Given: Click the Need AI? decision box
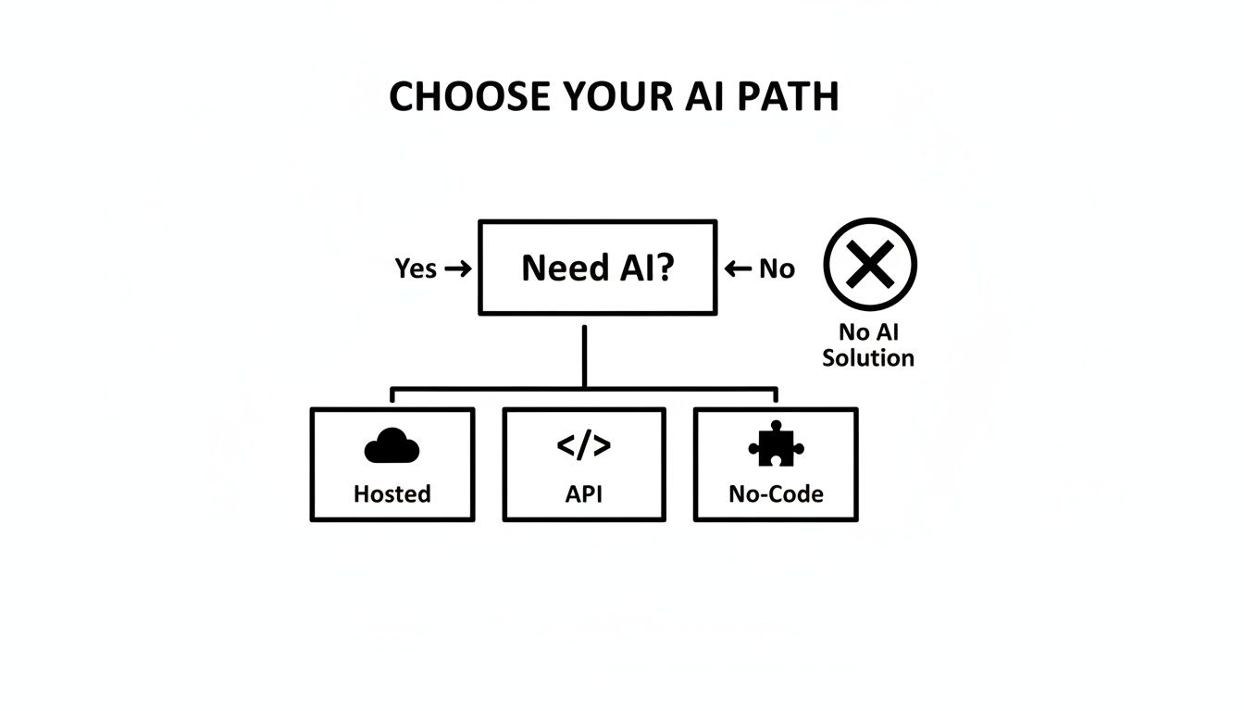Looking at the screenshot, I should (x=598, y=268).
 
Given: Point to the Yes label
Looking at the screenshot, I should (x=416, y=268).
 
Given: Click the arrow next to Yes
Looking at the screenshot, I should (x=457, y=268).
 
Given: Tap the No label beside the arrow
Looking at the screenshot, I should (x=777, y=268).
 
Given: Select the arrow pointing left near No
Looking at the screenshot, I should (x=738, y=268).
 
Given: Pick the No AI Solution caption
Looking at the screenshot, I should (x=868, y=344).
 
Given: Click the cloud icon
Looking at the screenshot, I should (x=392, y=448).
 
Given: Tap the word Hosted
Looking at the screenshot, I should (x=392, y=494).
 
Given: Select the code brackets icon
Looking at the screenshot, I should (x=584, y=446).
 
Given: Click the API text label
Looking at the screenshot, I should (x=584, y=494).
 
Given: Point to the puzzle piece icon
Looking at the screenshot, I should (x=776, y=446).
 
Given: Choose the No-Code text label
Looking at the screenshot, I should (x=776, y=494).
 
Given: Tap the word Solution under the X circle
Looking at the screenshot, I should (x=868, y=358).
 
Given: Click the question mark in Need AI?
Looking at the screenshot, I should (x=663, y=268).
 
